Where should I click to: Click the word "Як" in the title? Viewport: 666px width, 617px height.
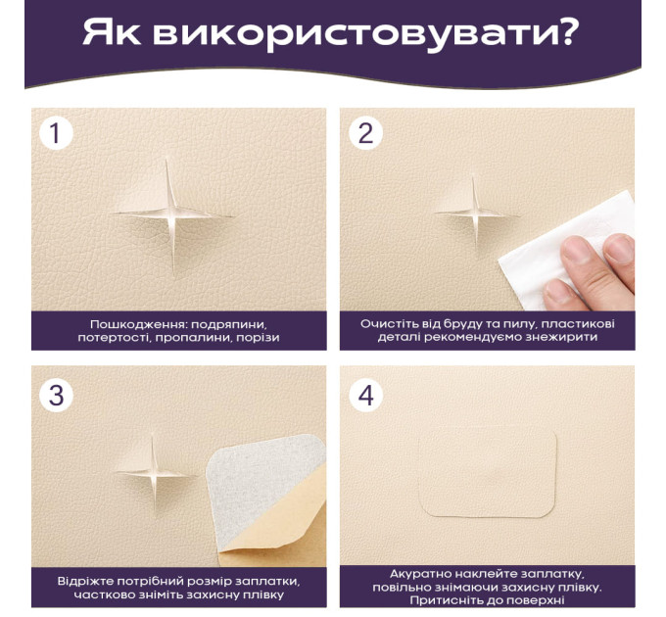click(x=112, y=32)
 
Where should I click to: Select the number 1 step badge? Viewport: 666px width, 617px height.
click(x=56, y=133)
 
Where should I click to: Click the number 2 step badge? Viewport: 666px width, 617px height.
click(x=365, y=133)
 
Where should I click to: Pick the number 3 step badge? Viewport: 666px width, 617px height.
click(x=56, y=395)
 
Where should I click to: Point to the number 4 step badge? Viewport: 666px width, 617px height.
click(x=365, y=395)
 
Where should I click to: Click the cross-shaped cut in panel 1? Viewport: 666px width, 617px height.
click(x=171, y=214)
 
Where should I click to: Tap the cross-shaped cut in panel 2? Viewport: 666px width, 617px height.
click(x=476, y=213)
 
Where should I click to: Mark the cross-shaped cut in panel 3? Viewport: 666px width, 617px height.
click(x=154, y=472)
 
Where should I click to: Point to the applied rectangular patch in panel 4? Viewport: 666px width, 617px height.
click(x=488, y=472)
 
